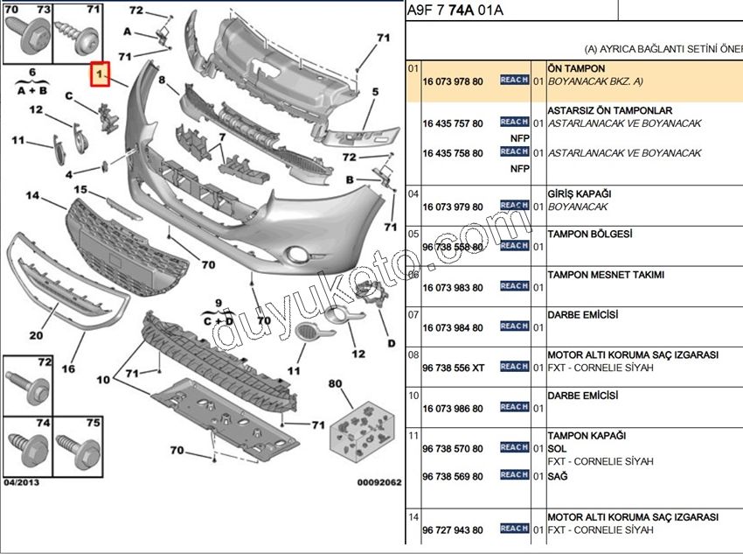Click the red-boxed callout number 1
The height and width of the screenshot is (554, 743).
click(x=101, y=76)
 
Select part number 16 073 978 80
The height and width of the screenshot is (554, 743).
click(x=452, y=81)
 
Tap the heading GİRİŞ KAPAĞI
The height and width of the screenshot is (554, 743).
click(x=579, y=193)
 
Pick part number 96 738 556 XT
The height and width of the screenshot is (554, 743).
click(x=453, y=368)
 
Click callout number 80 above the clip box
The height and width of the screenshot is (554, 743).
click(x=335, y=383)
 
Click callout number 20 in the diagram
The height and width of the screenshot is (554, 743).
click(x=36, y=335)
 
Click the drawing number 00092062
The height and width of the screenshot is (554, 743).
click(x=378, y=482)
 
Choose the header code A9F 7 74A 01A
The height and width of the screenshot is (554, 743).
click(x=455, y=11)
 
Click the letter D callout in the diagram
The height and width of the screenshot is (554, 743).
click(x=391, y=343)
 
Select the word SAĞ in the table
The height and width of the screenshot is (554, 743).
click(x=558, y=476)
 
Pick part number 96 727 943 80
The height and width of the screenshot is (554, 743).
click(x=452, y=529)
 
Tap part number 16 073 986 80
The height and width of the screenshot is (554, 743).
click(x=452, y=409)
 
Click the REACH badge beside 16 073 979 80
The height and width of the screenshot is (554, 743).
click(x=514, y=206)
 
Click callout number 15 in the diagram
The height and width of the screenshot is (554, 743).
click(x=80, y=190)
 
